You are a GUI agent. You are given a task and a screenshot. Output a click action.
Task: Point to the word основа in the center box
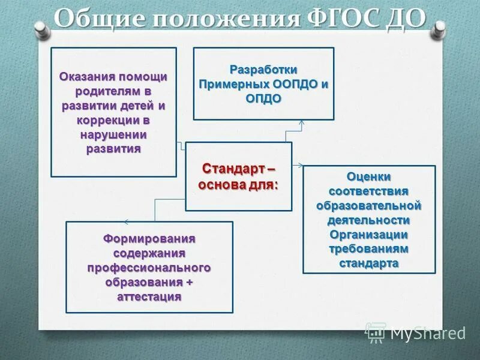221,184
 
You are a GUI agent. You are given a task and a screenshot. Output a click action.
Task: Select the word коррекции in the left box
106,120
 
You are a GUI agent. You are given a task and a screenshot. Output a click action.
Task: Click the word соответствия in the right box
369,191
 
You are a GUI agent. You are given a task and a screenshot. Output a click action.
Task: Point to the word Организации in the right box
369,235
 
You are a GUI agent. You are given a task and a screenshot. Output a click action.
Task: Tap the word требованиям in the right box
369,249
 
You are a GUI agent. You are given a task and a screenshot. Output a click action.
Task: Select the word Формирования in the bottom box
149,239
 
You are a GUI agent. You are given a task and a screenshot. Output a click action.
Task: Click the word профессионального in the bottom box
149,268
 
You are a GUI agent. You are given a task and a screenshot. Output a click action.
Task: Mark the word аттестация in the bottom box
149,296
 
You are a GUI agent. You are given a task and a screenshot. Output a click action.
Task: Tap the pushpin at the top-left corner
41,27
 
